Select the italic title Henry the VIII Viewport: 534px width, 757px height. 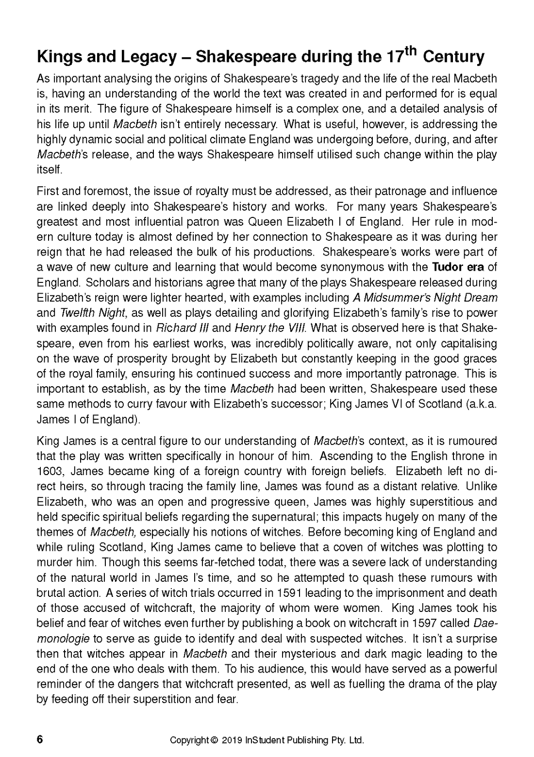[x=270, y=328]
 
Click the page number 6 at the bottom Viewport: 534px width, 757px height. [x=40, y=740]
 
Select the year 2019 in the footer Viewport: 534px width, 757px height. [x=233, y=741]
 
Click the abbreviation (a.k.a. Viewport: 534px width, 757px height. [x=480, y=404]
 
